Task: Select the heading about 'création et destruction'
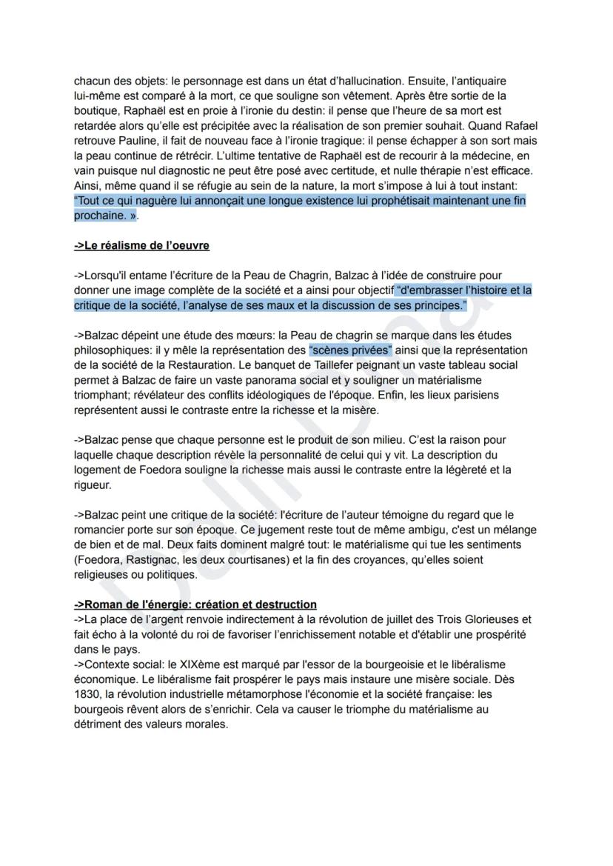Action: tap(195, 604)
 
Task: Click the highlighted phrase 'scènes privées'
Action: tap(349, 350)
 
